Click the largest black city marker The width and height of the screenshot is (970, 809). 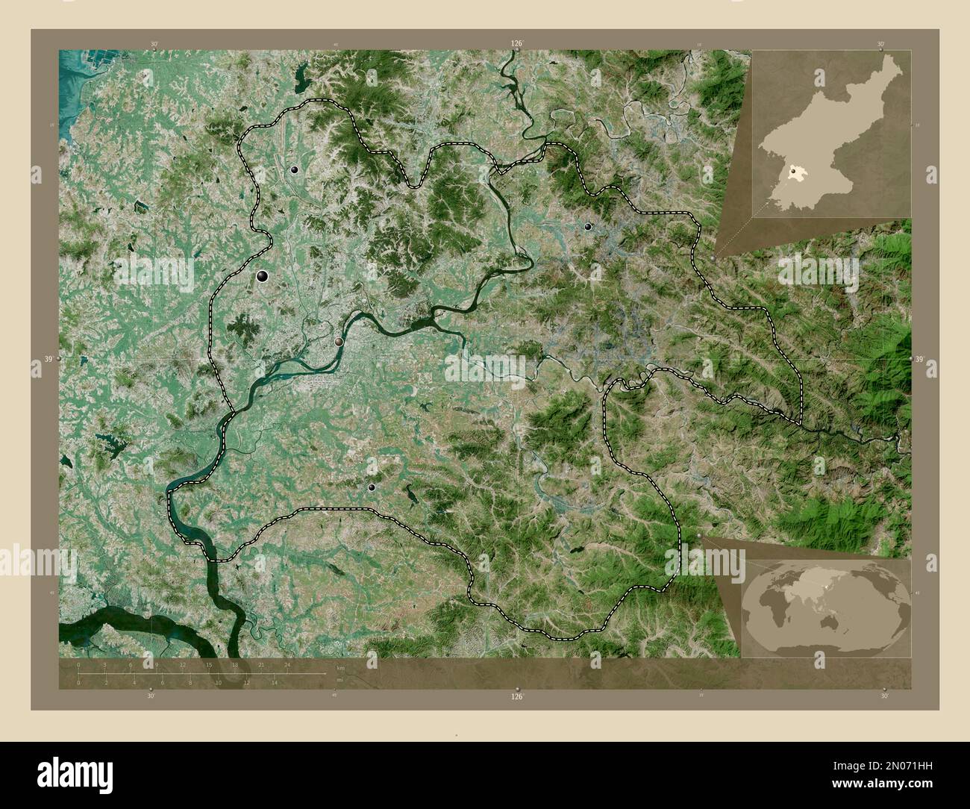pyautogui.click(x=263, y=277)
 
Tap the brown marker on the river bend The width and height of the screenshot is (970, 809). pyautogui.click(x=339, y=341)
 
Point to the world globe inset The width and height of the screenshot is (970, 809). pyautogui.click(x=826, y=608)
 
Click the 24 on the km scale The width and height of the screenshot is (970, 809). pyautogui.click(x=287, y=663)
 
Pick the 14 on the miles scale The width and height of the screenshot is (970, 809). pyautogui.click(x=275, y=682)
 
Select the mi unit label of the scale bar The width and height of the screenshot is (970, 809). pyautogui.click(x=339, y=680)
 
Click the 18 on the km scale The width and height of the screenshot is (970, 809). pyautogui.click(x=234, y=663)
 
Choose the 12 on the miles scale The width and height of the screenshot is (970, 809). pyautogui.click(x=246, y=682)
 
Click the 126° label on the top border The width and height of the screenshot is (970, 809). pyautogui.click(x=516, y=43)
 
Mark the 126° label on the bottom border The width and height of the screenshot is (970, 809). pyautogui.click(x=516, y=696)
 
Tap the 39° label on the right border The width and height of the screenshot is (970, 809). pyautogui.click(x=919, y=360)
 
